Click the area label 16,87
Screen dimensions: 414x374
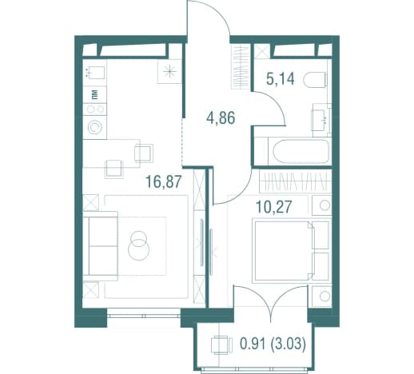pyautogui.click(x=164, y=181)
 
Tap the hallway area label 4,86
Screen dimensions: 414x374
pyautogui.click(x=221, y=118)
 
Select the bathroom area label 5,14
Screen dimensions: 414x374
pyautogui.click(x=281, y=79)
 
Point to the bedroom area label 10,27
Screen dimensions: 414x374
pyautogui.click(x=273, y=207)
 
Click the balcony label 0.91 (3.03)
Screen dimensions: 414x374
pyautogui.click(x=273, y=344)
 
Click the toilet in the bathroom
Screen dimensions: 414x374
pyautogui.click(x=315, y=79)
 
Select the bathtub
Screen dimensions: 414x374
pyautogui.click(x=301, y=151)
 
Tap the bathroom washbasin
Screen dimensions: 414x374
pyautogui.click(x=321, y=117)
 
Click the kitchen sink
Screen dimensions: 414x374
pyautogui.click(x=94, y=73)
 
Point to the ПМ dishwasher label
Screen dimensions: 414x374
pyautogui.click(x=95, y=94)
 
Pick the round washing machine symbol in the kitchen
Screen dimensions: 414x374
pyautogui.click(x=95, y=128)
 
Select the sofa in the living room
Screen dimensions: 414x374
pyautogui.click(x=100, y=246)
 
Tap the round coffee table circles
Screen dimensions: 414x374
pyautogui.click(x=138, y=245)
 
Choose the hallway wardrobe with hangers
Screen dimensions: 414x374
pyautogui.click(x=241, y=67)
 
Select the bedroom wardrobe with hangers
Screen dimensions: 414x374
pyautogui.click(x=293, y=181)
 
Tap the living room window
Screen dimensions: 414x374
pyautogui.click(x=144, y=316)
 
